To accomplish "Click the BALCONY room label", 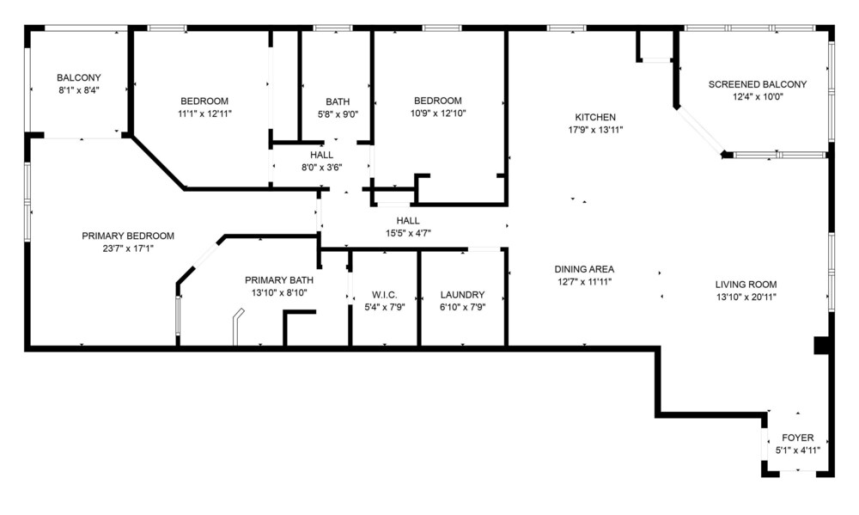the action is (x=79, y=78).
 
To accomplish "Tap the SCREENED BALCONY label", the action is (x=758, y=84).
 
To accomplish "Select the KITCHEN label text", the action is (x=595, y=118).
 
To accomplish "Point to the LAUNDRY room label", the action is (x=462, y=295).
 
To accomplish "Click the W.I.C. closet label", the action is (x=385, y=295).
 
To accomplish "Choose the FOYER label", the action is (x=798, y=438).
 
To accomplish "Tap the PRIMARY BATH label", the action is (x=279, y=280).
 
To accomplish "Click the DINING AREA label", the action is (x=584, y=269).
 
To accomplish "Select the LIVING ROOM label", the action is (x=746, y=285).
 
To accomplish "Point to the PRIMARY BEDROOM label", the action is (x=128, y=236).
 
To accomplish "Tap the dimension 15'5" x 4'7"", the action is (x=408, y=233).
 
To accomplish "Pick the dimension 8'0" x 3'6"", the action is (x=321, y=168).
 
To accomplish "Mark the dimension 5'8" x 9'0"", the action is (x=338, y=114).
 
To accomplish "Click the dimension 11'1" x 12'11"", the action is (x=205, y=113).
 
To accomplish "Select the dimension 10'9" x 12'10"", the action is (x=438, y=113).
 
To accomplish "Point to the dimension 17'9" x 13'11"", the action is (x=595, y=130).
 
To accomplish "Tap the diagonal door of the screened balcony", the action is (x=701, y=131).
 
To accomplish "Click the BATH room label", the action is (x=338, y=101).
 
